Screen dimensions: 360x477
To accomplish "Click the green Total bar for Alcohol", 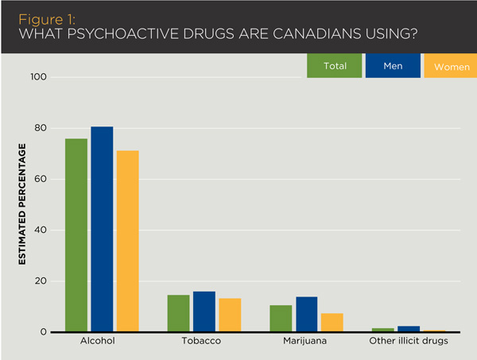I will click(x=76, y=235).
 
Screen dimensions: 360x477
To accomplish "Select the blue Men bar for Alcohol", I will click(x=102, y=230).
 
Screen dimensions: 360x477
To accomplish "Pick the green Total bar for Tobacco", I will click(x=179, y=313).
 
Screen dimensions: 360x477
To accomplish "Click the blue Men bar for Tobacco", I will click(x=204, y=312).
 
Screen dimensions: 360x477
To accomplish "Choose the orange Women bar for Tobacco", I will click(x=230, y=315).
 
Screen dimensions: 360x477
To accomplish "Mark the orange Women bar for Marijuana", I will click(x=332, y=323).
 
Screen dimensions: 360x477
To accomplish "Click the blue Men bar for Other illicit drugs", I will click(x=409, y=329).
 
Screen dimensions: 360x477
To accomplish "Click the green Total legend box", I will click(x=335, y=66).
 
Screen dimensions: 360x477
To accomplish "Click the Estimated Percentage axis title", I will click(x=23, y=205).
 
